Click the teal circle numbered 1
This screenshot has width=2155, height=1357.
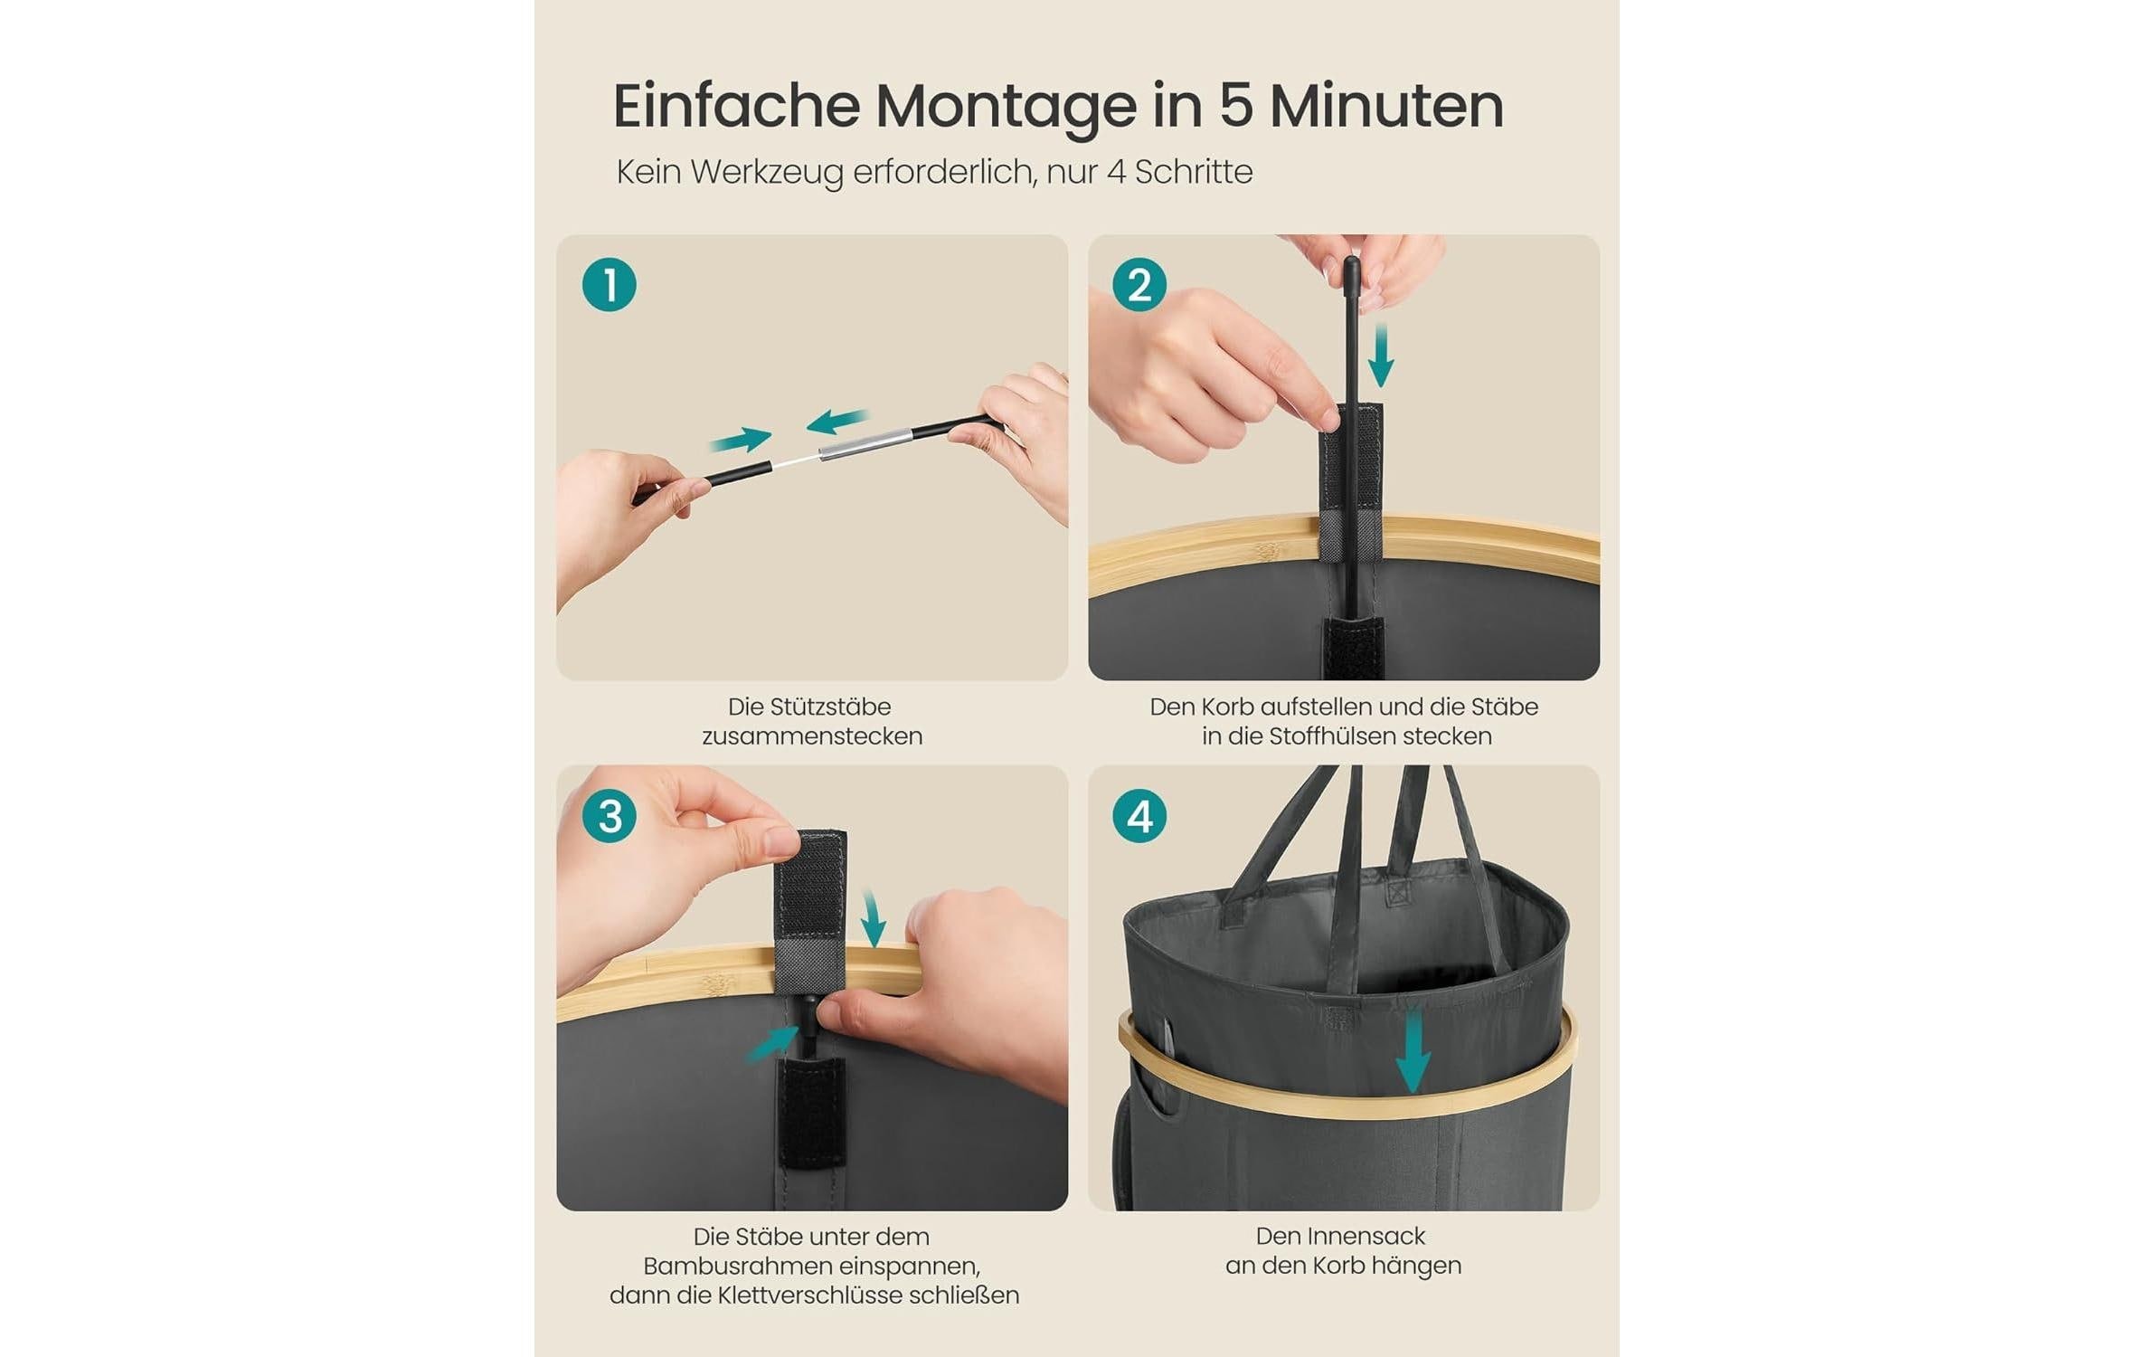point(609,285)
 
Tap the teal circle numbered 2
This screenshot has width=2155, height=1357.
point(1139,285)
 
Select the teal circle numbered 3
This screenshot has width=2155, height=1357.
point(609,816)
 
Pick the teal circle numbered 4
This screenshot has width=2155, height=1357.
point(1139,816)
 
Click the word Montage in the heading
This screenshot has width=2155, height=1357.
point(1005,107)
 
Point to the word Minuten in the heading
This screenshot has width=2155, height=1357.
point(1386,106)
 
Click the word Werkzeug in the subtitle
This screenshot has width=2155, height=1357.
point(766,172)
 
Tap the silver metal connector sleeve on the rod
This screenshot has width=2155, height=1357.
point(864,443)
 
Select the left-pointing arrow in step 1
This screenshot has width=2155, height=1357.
point(836,421)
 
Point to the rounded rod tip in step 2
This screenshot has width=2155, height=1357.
point(1351,267)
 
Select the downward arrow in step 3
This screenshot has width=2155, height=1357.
point(873,919)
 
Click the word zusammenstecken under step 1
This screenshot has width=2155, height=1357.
point(812,736)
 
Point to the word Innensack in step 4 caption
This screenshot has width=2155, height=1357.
point(1367,1236)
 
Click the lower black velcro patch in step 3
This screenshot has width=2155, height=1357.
point(811,1112)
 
